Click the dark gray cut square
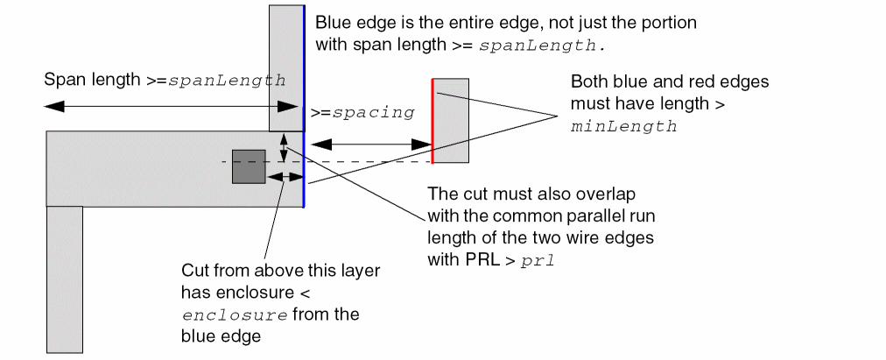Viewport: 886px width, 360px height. click(249, 166)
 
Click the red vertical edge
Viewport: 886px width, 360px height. click(432, 121)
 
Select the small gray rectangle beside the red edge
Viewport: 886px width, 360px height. click(452, 121)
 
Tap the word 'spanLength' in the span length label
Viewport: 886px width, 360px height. click(227, 80)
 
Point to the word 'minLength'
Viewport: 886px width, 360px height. click(624, 126)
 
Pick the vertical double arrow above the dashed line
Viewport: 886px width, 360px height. click(283, 147)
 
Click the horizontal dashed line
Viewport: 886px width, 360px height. click(350, 161)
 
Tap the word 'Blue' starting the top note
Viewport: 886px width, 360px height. click(332, 23)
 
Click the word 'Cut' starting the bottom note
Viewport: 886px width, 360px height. click(193, 271)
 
